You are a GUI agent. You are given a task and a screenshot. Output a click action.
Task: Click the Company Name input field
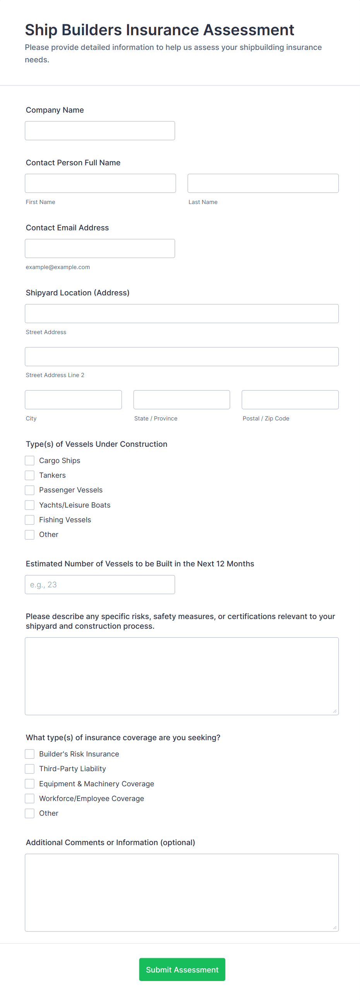pos(100,130)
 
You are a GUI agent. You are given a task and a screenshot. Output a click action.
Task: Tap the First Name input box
pos(100,183)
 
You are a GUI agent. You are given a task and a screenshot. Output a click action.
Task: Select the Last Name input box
pos(263,183)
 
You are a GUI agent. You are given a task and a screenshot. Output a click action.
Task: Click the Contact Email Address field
pos(100,249)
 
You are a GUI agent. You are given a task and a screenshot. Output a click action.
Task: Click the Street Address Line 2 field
pos(182,356)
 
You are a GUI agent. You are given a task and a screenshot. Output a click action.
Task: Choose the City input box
pos(73,400)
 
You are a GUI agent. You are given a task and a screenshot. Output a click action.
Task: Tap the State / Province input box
pos(182,400)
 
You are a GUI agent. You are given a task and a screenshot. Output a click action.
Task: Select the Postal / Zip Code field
pos(290,400)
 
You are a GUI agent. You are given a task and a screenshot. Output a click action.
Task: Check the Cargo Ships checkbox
pos(29,460)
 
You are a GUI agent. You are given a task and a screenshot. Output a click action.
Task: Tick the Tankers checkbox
pos(29,475)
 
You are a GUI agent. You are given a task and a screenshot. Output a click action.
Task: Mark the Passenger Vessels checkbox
pos(29,490)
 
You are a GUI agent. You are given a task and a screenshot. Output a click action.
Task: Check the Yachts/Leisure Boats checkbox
pos(29,505)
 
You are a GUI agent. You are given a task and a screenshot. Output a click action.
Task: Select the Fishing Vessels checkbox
pos(29,520)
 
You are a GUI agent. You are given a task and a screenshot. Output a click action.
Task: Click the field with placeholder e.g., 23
pos(100,584)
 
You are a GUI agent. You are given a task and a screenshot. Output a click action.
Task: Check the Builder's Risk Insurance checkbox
pos(29,754)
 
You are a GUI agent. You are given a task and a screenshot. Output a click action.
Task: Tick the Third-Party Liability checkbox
pos(29,768)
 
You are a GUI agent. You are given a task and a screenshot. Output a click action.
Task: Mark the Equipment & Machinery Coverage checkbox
pos(29,783)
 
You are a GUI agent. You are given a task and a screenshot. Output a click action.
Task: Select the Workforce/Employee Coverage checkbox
pos(29,798)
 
